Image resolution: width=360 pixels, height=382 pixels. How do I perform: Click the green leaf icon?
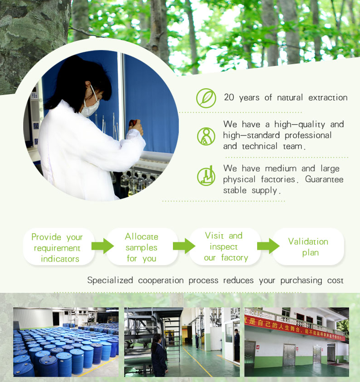tap(206, 98)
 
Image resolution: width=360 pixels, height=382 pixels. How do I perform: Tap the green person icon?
tap(206, 136)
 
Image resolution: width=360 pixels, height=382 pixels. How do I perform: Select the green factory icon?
tap(206, 176)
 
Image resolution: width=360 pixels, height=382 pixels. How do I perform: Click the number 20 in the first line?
tap(229, 97)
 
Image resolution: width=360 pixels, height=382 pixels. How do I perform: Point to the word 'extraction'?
tap(328, 98)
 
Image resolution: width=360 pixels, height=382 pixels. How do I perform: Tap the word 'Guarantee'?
tap(324, 179)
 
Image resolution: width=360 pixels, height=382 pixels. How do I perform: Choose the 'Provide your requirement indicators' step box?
tap(59, 247)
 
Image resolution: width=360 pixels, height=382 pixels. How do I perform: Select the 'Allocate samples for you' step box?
tap(142, 247)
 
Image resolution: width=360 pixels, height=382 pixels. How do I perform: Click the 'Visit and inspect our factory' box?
tap(225, 247)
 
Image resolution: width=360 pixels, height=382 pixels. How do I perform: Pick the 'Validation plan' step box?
tap(308, 247)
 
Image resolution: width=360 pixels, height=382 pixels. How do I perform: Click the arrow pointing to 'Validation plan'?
tap(268, 246)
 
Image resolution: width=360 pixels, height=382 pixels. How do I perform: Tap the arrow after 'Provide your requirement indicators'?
tap(102, 246)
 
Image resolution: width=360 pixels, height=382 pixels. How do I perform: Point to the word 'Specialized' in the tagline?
tap(110, 281)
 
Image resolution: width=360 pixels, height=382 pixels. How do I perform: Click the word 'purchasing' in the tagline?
tap(301, 281)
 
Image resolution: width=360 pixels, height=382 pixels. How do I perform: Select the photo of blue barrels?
tap(66, 342)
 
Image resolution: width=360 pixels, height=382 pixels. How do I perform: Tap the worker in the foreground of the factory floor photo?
tap(159, 355)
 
